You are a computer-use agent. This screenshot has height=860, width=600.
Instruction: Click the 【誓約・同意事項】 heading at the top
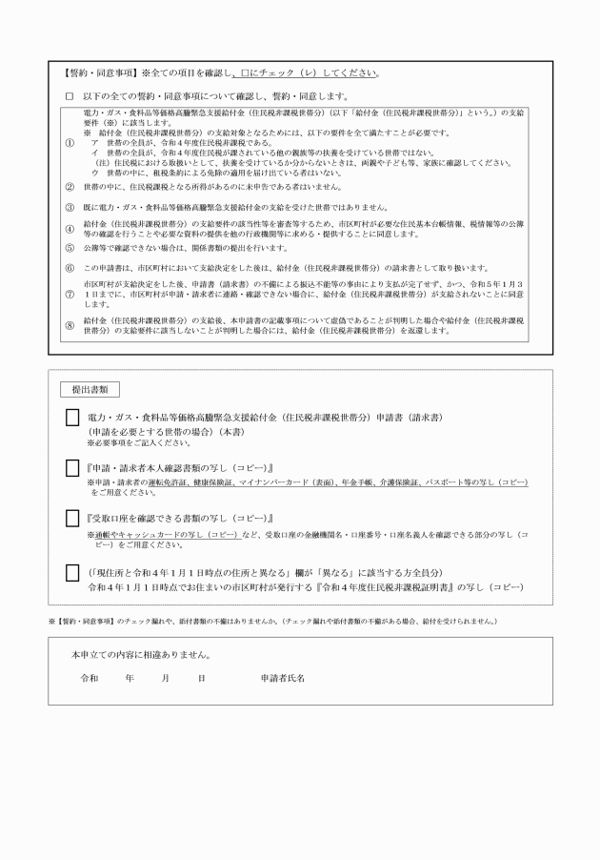(98, 73)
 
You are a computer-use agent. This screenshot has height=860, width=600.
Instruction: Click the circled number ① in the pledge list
(69, 142)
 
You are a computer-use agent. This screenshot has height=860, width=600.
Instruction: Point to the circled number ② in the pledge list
(69, 186)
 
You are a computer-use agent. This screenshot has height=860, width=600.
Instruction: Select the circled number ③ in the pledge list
(69, 206)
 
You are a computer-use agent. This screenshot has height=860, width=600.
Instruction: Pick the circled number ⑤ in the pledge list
(69, 248)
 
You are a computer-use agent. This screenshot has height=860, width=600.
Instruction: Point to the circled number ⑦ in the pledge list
(69, 295)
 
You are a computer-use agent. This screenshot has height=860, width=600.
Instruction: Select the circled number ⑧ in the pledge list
(69, 325)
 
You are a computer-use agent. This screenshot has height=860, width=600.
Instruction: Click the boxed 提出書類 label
(90, 390)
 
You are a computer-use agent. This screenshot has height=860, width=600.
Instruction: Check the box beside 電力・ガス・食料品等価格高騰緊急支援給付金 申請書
(72, 419)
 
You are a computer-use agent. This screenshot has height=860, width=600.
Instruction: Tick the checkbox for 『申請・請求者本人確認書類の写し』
(72, 468)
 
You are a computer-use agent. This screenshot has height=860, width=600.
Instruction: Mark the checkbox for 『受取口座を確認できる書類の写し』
(72, 518)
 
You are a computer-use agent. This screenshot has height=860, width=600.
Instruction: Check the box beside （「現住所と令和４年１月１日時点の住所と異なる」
(72, 573)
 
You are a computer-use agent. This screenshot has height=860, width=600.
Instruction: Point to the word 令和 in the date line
(89, 678)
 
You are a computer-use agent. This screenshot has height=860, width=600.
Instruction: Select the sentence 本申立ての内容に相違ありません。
(141, 655)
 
